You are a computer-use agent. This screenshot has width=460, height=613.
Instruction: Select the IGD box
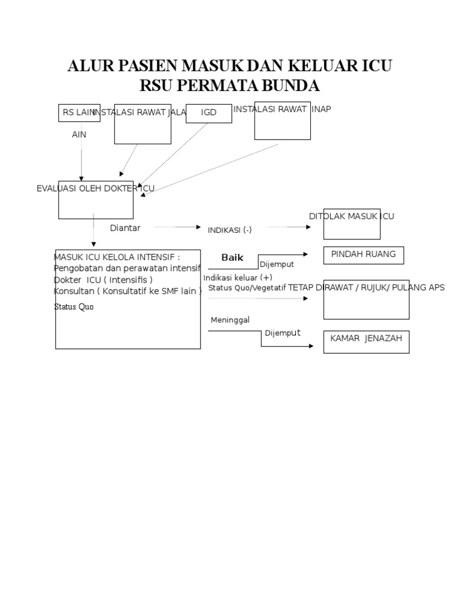(208, 113)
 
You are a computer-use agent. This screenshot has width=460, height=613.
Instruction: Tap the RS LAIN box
(78, 112)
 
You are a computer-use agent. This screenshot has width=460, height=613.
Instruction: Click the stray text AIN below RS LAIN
(79, 135)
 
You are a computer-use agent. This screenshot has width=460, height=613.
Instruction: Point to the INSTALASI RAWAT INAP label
(282, 109)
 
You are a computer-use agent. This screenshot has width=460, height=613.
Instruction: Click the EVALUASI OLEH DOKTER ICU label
(96, 189)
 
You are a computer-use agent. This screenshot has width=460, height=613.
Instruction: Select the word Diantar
(125, 227)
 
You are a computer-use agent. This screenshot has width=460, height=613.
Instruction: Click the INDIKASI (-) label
(229, 230)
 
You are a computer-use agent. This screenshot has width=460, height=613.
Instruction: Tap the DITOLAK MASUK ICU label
(352, 216)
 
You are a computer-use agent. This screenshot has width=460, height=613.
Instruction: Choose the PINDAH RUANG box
(364, 254)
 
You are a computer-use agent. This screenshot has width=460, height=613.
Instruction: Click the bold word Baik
(232, 257)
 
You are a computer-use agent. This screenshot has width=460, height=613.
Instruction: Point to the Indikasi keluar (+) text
(237, 278)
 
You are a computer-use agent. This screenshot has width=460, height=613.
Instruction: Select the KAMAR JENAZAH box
(366, 341)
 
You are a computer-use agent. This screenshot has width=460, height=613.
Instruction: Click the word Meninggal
(230, 320)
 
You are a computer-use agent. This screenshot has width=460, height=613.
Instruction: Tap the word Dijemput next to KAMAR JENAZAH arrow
(283, 333)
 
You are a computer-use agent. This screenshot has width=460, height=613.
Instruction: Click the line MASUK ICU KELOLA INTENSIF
(117, 257)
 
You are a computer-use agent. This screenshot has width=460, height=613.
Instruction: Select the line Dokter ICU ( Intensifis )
(103, 280)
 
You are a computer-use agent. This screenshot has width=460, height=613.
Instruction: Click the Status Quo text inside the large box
(74, 306)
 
